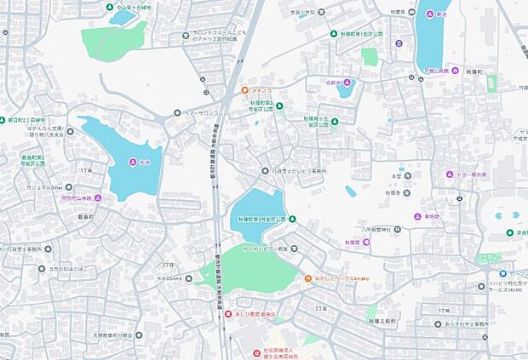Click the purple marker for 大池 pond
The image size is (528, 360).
coord(132,163)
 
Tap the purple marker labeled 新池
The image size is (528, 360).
coord(429,15)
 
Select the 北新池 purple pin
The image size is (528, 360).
coord(347,83)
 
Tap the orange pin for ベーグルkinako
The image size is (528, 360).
coord(307,279)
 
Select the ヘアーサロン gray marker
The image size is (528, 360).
coord(177,112)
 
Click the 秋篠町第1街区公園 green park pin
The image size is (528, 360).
coord(334,34)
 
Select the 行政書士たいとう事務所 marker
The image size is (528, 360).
coord(266,171)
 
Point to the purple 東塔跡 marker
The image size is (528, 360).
coord(419,216)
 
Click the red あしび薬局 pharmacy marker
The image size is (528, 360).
coord(227,314)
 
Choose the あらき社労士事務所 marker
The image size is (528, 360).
coord(438,323)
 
